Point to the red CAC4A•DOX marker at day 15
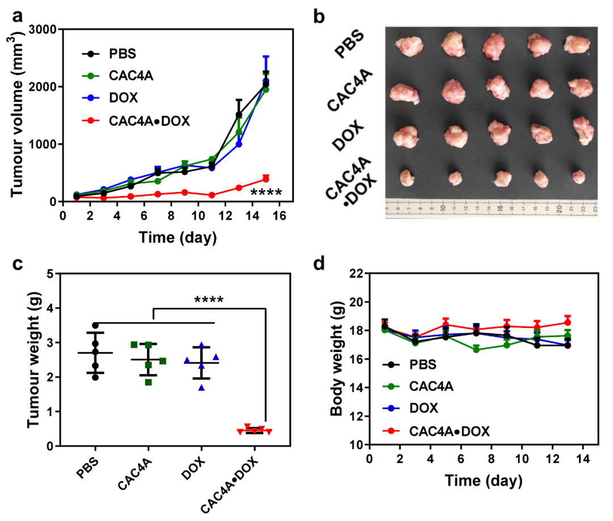(x=266, y=179)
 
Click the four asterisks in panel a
(x=266, y=193)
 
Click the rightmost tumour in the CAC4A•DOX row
(x=578, y=177)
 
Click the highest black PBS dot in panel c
(x=95, y=325)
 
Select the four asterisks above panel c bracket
(x=208, y=300)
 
